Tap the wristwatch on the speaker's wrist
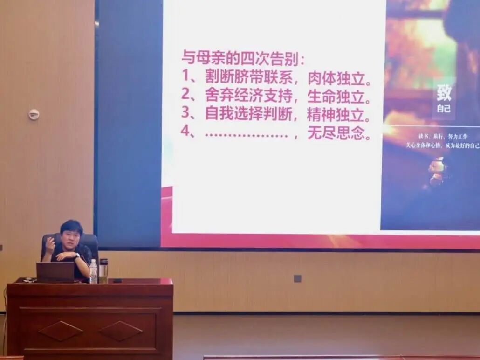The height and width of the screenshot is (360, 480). (76, 256)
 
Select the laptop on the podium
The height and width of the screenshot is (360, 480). (55, 272)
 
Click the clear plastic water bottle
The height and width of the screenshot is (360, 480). (93, 271)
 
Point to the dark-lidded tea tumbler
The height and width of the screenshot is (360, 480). (103, 270)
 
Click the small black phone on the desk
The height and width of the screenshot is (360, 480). (117, 281)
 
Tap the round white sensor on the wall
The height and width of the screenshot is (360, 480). (34, 114)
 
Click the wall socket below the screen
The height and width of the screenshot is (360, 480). (297, 278)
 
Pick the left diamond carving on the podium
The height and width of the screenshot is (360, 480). (61, 331)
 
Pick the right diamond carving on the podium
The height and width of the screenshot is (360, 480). (121, 331)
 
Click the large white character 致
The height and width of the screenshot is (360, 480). (444, 92)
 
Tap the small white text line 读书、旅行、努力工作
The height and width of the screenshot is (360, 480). (442, 137)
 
